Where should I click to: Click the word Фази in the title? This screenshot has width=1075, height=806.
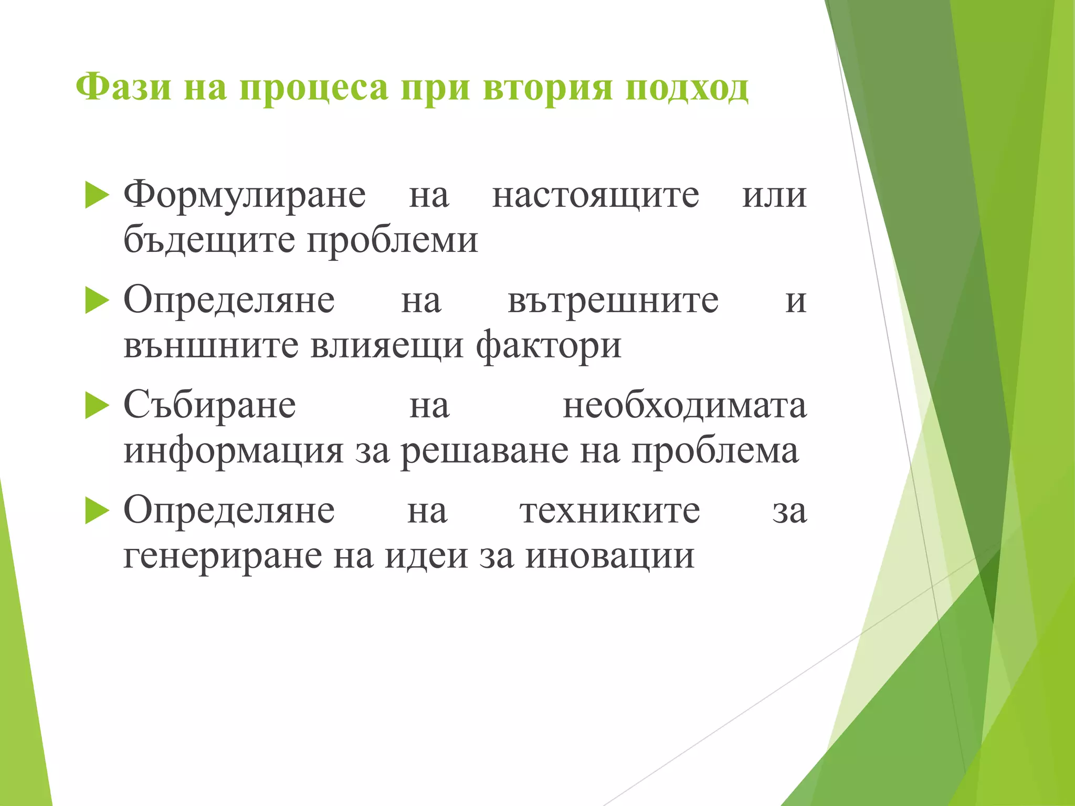point(123,87)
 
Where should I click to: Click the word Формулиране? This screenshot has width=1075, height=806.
point(245,195)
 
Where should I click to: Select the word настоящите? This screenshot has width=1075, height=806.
point(596,195)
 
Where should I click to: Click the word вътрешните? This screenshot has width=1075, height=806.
point(613,301)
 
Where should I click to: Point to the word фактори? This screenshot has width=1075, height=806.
point(549,346)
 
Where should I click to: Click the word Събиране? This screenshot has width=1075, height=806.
point(209,406)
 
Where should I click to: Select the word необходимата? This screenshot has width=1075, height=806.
point(684,406)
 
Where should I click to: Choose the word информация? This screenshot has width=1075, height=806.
point(234,451)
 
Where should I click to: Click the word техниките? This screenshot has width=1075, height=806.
point(610,511)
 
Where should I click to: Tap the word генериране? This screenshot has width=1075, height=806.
point(223,556)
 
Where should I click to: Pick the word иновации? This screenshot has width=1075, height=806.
point(610,556)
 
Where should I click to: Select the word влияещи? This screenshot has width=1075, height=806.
point(387,346)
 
